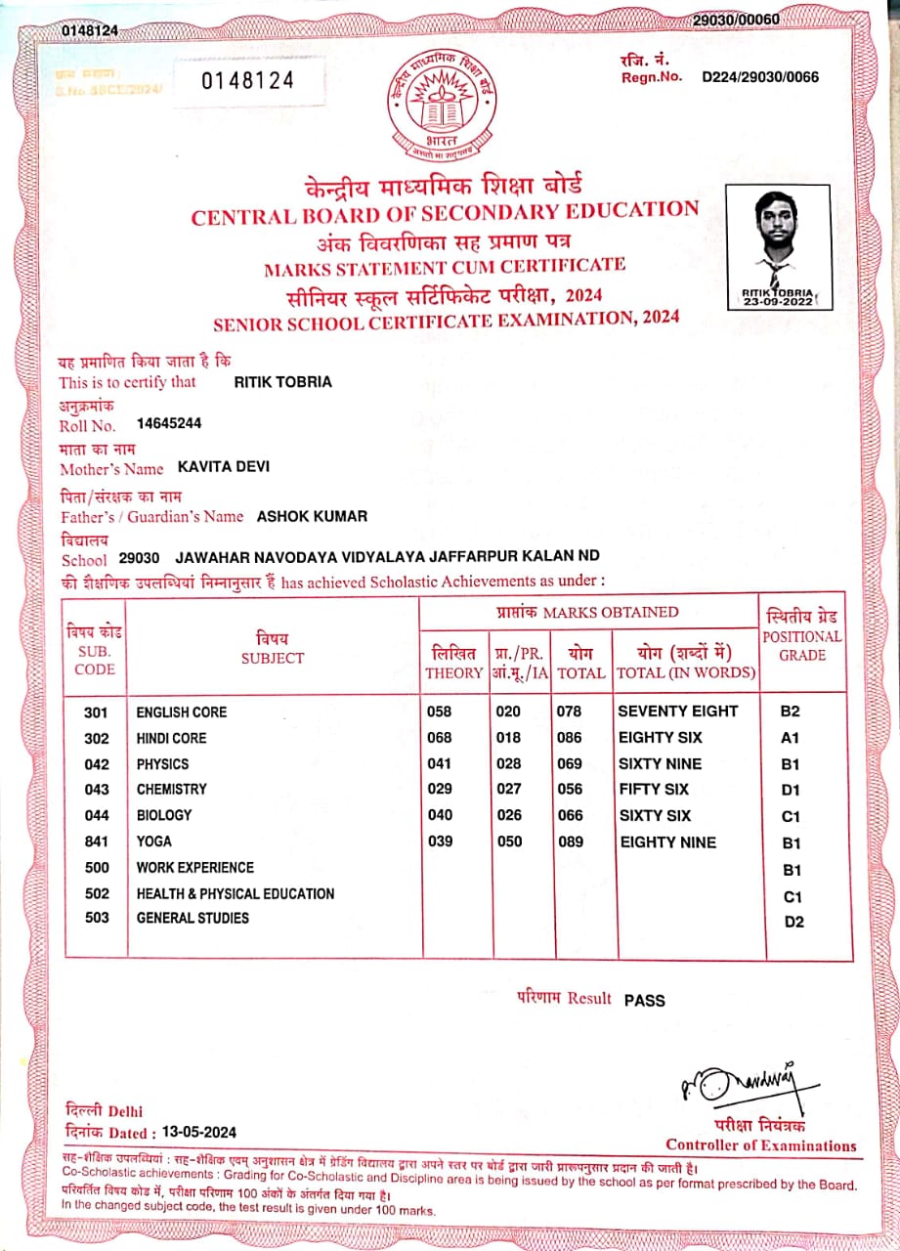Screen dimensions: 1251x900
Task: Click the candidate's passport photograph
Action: coord(778,246)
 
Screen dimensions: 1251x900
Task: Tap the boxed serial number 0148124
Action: coord(248,81)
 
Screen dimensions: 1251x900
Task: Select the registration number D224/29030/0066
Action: coord(760,77)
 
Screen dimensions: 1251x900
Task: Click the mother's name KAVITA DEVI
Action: coord(224,467)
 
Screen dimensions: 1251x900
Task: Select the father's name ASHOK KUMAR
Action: coord(312,516)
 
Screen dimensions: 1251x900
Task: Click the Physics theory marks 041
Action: coord(440,763)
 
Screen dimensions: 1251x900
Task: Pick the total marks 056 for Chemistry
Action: coord(569,790)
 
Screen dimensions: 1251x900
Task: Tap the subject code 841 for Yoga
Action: coord(97,841)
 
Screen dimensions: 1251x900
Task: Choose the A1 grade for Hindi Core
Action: coord(791,739)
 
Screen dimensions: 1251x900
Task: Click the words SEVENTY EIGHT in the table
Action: coord(678,712)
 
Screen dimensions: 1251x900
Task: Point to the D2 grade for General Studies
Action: coord(794,922)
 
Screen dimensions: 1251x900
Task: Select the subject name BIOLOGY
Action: coord(164,815)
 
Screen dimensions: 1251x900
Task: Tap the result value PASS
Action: coord(644,1000)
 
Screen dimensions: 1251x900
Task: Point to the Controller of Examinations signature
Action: coord(741,1082)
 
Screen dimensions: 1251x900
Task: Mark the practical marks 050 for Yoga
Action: coord(509,841)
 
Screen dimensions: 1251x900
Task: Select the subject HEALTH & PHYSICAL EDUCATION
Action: coord(236,893)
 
